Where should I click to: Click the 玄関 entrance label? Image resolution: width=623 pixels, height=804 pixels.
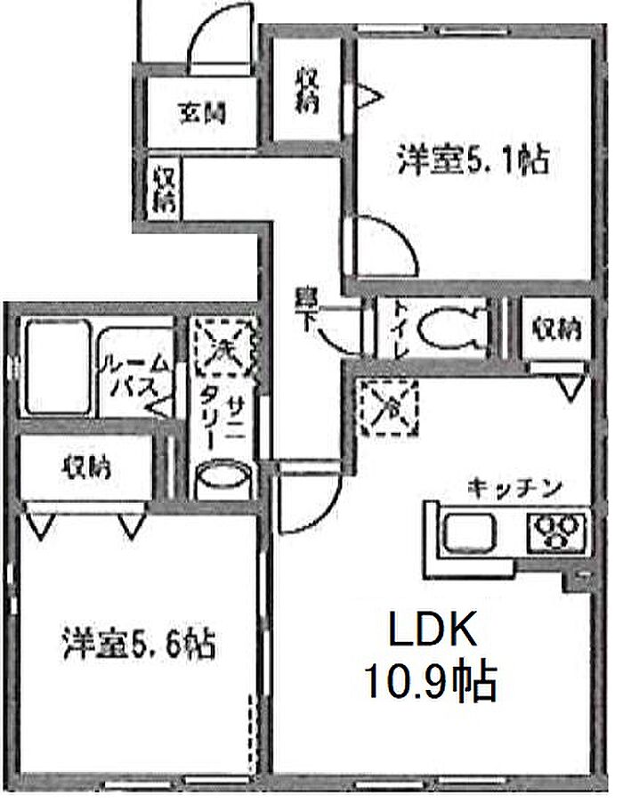[x=202, y=113]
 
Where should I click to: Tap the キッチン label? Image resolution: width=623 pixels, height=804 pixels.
[x=514, y=487]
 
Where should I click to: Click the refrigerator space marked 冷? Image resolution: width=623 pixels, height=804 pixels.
[x=389, y=408]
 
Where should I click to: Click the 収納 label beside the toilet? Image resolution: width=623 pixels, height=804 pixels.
[x=557, y=329]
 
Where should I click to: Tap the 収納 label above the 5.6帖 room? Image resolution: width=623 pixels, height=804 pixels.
[x=86, y=467]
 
